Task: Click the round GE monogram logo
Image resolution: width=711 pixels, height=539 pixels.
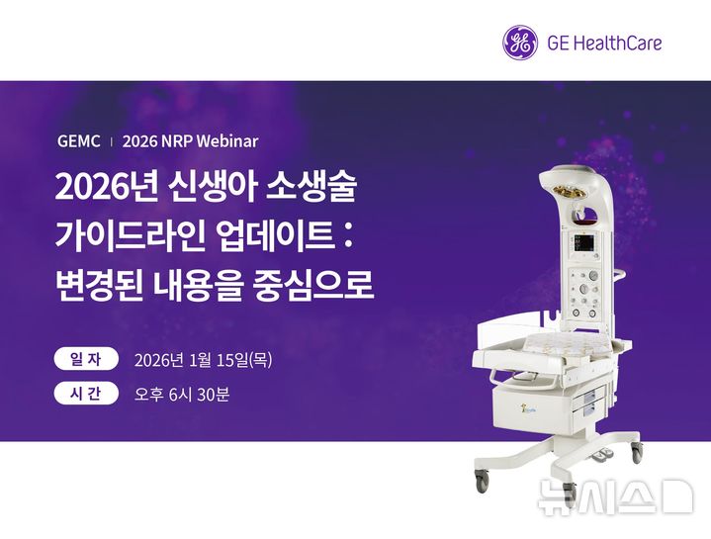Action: coord(521,43)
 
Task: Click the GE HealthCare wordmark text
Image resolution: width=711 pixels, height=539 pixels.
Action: coord(603,43)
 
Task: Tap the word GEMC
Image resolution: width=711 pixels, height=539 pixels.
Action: coord(79,141)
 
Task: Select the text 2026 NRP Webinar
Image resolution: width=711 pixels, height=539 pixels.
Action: coord(190,141)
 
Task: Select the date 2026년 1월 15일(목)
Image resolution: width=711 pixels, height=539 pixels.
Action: coord(203,360)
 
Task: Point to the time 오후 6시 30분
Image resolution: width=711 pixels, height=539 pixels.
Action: coord(182,396)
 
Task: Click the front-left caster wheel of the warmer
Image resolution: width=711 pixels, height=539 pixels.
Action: coord(482,483)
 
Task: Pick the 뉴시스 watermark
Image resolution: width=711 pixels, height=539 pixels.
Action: coord(613,497)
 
